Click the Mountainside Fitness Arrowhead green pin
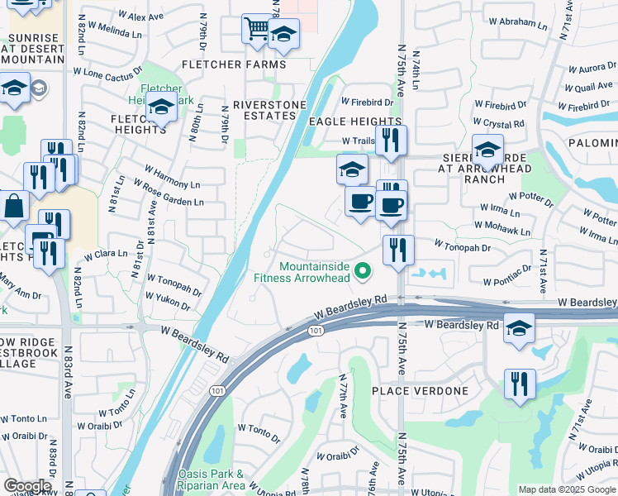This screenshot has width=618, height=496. [362, 270]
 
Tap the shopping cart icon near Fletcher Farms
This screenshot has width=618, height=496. [257, 30]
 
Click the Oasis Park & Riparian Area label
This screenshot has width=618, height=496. [211, 479]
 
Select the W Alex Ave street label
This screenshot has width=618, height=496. [141, 17]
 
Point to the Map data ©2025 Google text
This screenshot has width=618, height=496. [567, 489]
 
